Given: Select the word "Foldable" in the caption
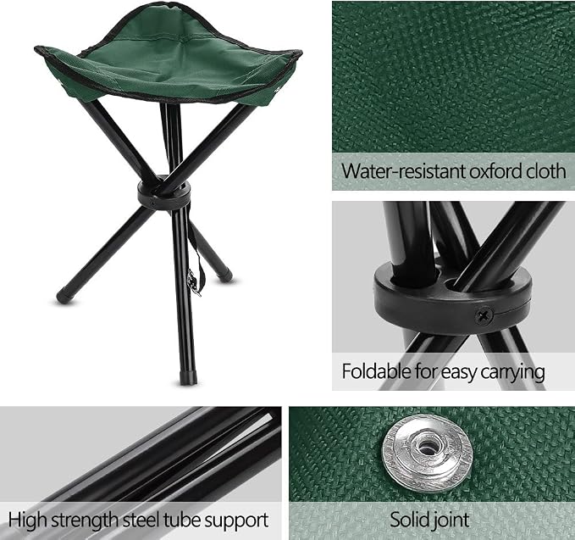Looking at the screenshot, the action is click(x=377, y=371).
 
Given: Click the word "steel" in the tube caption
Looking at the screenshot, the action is click(x=141, y=521).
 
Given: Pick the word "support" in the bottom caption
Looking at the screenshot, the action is click(x=236, y=521).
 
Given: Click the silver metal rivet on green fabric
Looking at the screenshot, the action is click(x=426, y=453).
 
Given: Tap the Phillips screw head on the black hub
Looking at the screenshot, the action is click(x=484, y=315).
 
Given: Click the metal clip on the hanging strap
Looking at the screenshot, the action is click(x=193, y=282).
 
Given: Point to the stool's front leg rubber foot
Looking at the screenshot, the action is click(x=188, y=377).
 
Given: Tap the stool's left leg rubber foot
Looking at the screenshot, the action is click(x=65, y=296).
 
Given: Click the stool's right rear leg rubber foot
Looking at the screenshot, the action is click(x=225, y=275).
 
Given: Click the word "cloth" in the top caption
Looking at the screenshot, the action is click(x=546, y=171).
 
